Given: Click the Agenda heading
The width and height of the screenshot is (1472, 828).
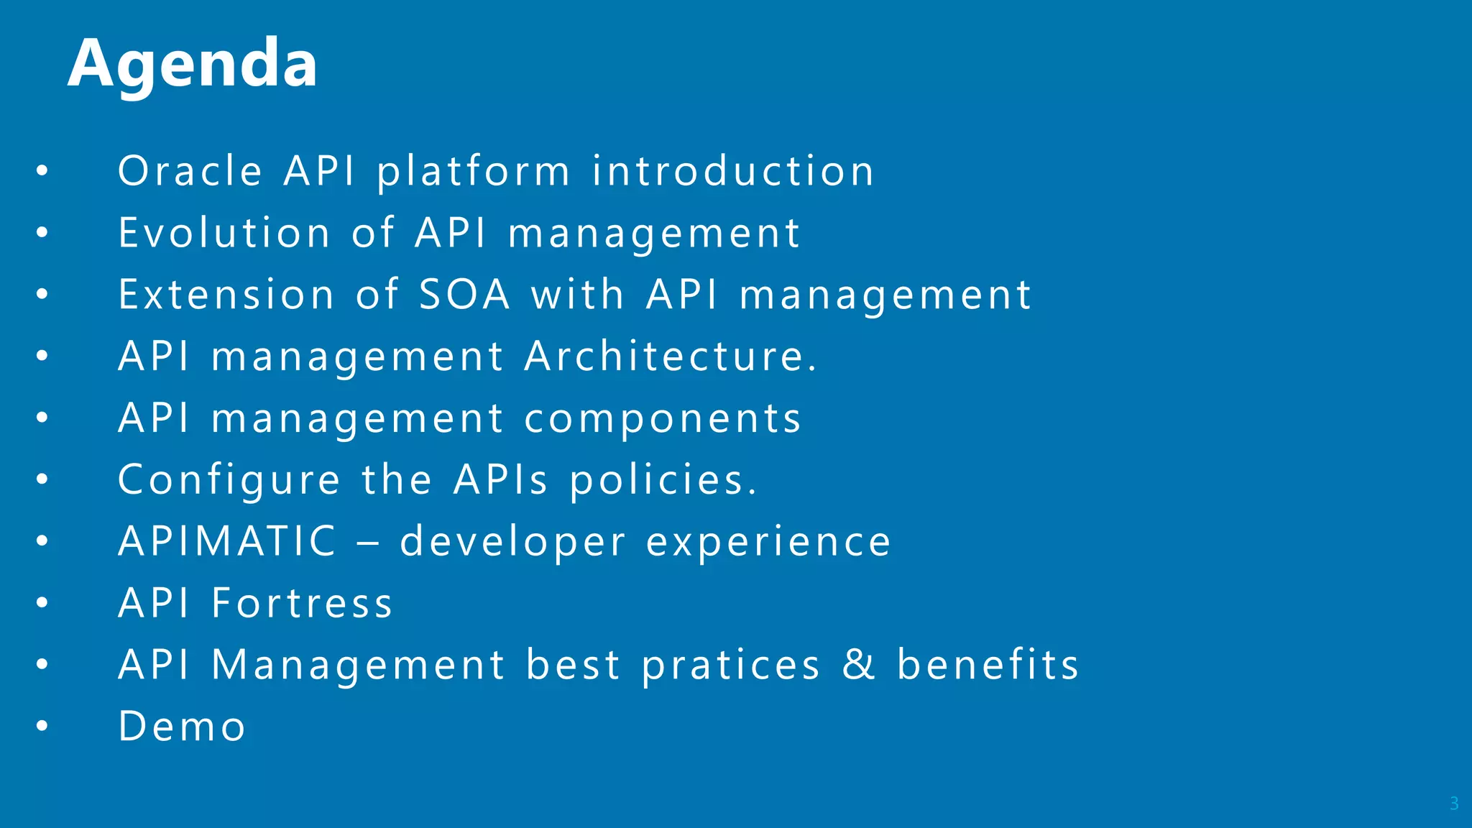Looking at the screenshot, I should [x=193, y=65].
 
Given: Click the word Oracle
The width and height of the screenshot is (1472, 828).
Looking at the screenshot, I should [x=190, y=172].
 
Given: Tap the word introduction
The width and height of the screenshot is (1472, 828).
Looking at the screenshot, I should [x=732, y=172].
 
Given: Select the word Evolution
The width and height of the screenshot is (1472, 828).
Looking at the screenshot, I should [x=224, y=234].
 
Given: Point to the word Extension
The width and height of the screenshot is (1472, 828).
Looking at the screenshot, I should [x=226, y=295].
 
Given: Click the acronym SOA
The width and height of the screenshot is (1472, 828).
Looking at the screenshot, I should [x=464, y=295].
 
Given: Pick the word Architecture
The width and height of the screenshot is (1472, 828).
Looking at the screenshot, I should [x=670, y=356].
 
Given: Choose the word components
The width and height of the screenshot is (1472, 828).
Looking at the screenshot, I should [x=662, y=420].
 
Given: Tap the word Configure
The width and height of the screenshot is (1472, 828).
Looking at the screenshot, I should [x=229, y=482].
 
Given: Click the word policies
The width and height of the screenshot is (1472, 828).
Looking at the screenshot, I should [x=663, y=480].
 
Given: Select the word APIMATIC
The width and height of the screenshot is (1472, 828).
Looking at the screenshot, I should [x=227, y=541].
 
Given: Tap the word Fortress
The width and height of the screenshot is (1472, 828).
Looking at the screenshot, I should [x=302, y=603].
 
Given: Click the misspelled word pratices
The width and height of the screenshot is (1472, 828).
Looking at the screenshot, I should [x=730, y=666].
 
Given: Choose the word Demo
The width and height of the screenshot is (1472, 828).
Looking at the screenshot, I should [x=182, y=727].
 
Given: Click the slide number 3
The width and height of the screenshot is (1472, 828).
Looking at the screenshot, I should [x=1453, y=804].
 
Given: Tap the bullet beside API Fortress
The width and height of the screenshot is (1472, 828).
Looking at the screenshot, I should [x=42, y=603].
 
